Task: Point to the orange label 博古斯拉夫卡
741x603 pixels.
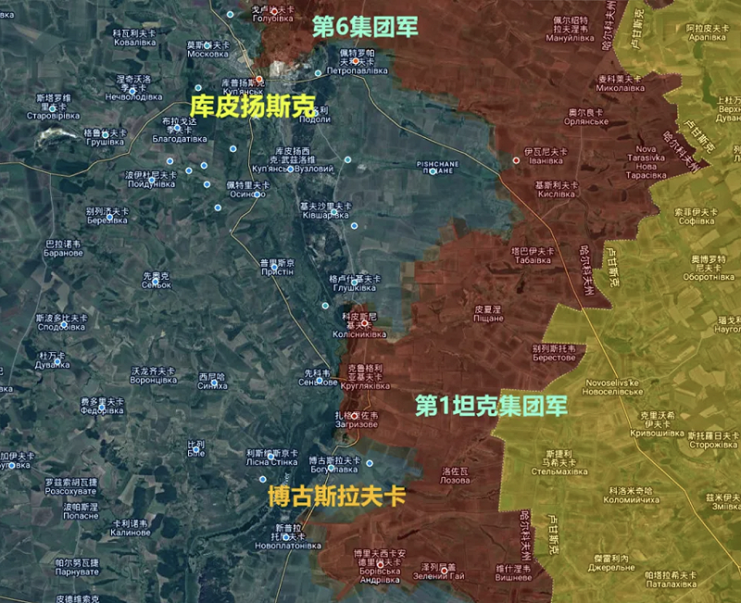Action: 336,495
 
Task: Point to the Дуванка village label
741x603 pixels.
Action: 53,364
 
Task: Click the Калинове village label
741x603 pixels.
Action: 130,533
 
